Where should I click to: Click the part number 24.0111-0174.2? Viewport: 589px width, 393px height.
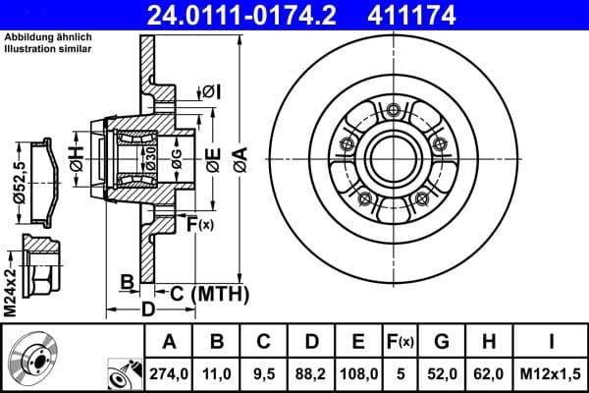(259, 14)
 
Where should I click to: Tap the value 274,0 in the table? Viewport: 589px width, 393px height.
(168, 373)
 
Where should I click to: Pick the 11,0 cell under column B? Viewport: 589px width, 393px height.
(217, 373)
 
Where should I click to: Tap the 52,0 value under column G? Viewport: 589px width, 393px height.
(442, 373)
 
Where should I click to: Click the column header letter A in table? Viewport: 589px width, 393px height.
(168, 343)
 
